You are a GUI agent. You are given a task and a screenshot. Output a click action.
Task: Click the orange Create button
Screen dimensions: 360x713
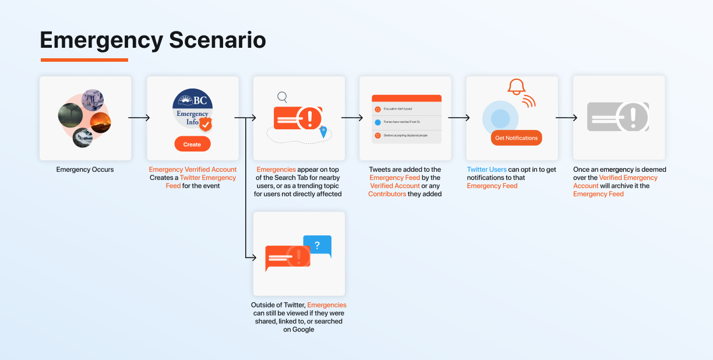pos(192,144)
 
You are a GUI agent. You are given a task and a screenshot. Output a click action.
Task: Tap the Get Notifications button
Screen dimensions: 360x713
pos(516,138)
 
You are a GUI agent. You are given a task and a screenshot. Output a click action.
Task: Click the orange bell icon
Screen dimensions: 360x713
pos(516,87)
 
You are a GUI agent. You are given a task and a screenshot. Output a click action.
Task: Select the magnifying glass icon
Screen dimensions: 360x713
pos(282,97)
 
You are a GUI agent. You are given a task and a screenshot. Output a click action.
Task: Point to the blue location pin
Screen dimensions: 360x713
pos(323,132)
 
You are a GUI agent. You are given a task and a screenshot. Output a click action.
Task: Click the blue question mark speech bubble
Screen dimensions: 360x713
pos(317,246)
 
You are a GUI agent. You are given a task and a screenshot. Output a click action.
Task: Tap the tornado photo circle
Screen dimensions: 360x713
pos(70,115)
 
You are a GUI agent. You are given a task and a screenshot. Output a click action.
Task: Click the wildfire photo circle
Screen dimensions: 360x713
pos(100,122)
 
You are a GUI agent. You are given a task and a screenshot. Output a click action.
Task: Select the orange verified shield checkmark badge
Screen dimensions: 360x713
pos(206,124)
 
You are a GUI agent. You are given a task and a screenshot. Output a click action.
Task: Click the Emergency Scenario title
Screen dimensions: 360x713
pos(153,40)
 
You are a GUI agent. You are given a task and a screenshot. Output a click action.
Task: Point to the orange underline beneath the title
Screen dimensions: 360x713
pos(84,59)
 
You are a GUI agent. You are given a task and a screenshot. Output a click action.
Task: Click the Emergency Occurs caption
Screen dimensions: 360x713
pos(85,170)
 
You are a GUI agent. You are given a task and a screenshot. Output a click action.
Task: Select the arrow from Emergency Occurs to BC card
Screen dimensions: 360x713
pos(139,118)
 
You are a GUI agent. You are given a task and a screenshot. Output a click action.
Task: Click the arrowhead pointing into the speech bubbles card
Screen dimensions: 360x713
pos(252,256)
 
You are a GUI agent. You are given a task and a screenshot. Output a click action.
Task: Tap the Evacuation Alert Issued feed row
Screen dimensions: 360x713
pos(406,109)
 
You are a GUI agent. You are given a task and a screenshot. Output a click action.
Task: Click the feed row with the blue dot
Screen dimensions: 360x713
pos(406,122)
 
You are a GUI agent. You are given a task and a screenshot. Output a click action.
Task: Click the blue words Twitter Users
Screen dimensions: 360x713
pos(486,170)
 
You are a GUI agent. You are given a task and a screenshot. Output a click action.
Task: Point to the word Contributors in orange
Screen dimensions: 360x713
pos(387,194)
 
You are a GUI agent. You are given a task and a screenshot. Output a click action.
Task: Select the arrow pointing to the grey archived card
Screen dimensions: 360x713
pos(566,118)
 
